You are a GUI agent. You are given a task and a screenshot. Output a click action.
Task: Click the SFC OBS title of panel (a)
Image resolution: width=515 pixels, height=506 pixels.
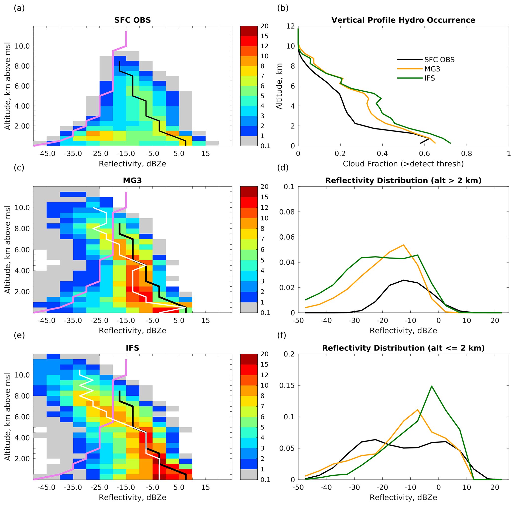pyautogui.click(x=132, y=20)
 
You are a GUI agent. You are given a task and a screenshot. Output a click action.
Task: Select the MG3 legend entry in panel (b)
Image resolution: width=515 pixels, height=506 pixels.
pyautogui.click(x=432, y=69)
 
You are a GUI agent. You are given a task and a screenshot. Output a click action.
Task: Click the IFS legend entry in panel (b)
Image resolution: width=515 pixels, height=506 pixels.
pyautogui.click(x=429, y=78)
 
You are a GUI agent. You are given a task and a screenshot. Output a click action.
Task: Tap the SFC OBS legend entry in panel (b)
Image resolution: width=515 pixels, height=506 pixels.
pyautogui.click(x=439, y=60)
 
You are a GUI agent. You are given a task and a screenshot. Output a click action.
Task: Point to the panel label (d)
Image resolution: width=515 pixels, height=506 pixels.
pyautogui.click(x=283, y=167)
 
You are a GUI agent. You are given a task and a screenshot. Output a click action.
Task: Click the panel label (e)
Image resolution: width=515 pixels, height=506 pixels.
pyautogui.click(x=19, y=335)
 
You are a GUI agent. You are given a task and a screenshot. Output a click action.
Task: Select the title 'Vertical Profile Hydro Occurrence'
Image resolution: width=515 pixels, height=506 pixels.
pyautogui.click(x=403, y=20)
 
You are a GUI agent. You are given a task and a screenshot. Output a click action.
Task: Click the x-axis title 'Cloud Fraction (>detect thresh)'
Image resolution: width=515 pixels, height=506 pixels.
pyautogui.click(x=403, y=164)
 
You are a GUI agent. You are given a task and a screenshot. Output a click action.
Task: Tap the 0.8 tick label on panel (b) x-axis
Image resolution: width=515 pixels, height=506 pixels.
pyautogui.click(x=467, y=154)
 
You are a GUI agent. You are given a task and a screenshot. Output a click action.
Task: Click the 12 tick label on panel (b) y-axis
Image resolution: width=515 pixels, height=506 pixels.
pyautogui.click(x=291, y=26)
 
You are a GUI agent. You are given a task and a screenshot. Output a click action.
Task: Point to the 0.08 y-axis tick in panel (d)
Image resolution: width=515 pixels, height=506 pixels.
pyautogui.click(x=287, y=212)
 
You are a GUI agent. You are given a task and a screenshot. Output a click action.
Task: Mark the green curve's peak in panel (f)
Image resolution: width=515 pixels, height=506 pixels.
pyautogui.click(x=431, y=386)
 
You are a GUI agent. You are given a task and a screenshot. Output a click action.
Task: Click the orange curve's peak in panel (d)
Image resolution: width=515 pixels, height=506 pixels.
pyautogui.click(x=403, y=245)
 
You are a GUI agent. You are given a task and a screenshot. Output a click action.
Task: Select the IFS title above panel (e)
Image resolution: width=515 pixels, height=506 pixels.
pyautogui.click(x=132, y=348)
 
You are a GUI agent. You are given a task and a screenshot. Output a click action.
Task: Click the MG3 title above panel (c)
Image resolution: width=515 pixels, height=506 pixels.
pyautogui.click(x=132, y=181)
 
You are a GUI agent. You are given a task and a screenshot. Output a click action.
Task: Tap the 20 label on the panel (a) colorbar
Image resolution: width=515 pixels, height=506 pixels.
pyautogui.click(x=264, y=26)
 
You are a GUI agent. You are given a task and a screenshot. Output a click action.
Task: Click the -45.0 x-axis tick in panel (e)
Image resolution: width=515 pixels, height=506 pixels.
pyautogui.click(x=46, y=487)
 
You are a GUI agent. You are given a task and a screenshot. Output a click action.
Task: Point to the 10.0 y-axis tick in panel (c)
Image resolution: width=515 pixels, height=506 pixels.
pyautogui.click(x=22, y=208)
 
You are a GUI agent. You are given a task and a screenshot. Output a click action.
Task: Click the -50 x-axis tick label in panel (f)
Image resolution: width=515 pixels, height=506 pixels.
pyautogui.click(x=298, y=487)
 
